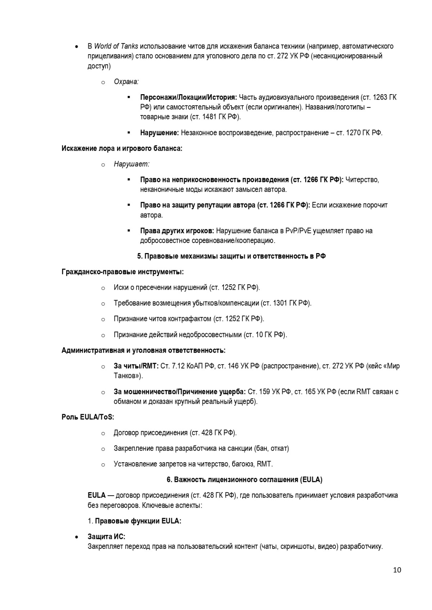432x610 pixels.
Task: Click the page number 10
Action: [x=397, y=570]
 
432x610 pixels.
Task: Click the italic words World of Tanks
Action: [x=116, y=46]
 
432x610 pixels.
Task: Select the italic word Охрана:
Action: [x=126, y=82]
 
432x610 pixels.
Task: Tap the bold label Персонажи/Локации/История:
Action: [x=188, y=97]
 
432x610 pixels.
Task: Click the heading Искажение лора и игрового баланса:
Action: [x=122, y=148]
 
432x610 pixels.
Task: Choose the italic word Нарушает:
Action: [x=131, y=164]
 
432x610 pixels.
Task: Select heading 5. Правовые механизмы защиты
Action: [x=231, y=256]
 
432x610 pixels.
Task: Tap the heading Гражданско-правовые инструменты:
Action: [x=123, y=272]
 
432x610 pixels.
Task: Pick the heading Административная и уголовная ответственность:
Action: [x=144, y=350]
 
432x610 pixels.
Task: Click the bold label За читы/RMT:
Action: [x=136, y=366]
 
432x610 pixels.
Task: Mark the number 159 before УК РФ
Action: [x=253, y=392]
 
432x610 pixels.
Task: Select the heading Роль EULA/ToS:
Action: [x=88, y=417]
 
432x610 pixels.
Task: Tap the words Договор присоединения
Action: [x=151, y=433]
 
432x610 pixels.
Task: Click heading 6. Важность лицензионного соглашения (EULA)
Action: [x=244, y=480]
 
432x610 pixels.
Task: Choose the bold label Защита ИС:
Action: [x=107, y=537]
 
